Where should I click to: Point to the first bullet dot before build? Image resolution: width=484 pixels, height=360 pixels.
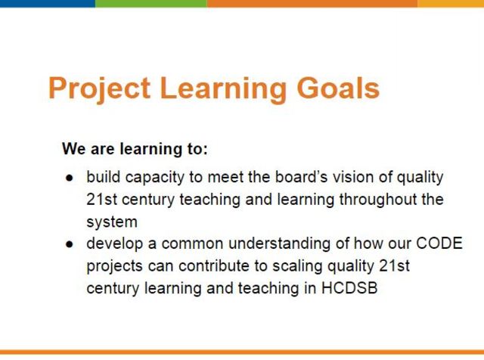point(70,178)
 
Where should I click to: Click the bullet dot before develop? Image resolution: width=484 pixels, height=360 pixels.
point(70,245)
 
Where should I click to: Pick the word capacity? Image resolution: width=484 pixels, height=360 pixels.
point(149,178)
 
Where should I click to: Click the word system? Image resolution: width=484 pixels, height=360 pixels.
point(111,222)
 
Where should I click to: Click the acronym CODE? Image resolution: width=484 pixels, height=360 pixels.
point(439,244)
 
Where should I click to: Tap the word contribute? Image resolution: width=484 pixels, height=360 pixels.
point(209,267)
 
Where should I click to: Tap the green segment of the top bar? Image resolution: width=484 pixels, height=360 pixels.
point(150,4)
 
